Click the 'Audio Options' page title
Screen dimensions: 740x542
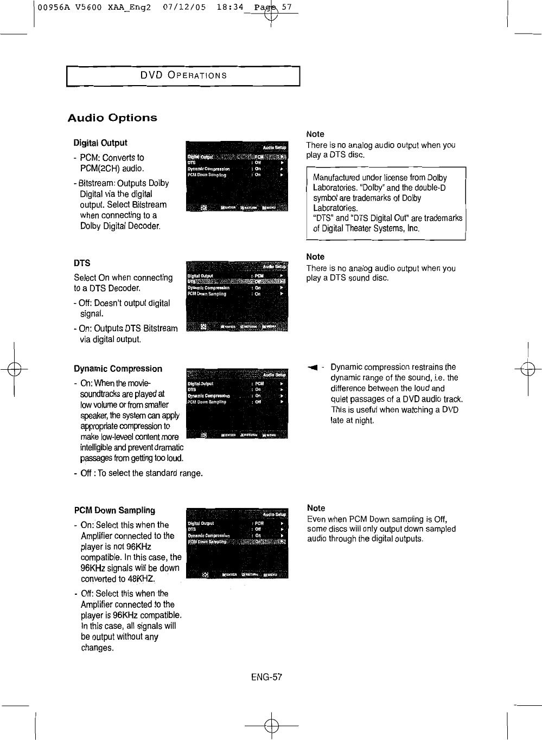point(112,118)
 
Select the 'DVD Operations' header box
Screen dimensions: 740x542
point(183,75)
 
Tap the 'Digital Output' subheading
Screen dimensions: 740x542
point(100,143)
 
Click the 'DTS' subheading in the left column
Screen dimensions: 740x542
point(82,263)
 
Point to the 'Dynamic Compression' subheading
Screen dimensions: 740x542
point(118,369)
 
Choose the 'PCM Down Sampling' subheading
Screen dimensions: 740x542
point(114,510)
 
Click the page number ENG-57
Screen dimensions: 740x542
point(266,677)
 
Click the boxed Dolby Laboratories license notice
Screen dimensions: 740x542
point(386,203)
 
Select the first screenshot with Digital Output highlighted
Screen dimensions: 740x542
point(237,176)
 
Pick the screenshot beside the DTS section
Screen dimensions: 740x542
point(237,295)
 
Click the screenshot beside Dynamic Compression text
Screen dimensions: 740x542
point(237,403)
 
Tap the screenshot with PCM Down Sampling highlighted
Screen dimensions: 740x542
point(237,543)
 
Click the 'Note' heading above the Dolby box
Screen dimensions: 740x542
point(315,134)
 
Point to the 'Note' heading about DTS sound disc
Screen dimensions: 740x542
point(315,256)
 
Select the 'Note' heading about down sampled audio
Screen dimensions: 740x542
point(316,508)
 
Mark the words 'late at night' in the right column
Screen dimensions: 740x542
point(352,420)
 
